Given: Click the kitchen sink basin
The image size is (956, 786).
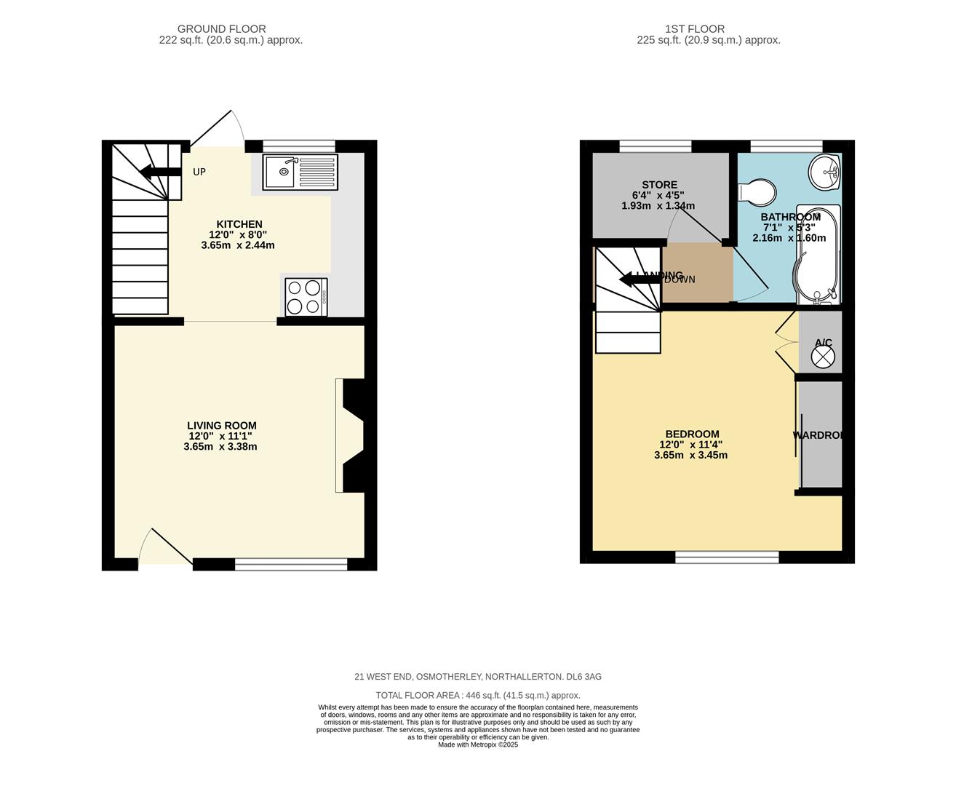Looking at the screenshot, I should tap(280, 172).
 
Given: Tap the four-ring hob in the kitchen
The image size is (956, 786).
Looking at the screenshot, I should tap(306, 297).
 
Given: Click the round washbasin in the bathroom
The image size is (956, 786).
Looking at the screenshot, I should tap(825, 172).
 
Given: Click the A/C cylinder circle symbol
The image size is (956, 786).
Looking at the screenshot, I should tap(823, 357).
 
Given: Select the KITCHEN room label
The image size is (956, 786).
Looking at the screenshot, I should tap(239, 224).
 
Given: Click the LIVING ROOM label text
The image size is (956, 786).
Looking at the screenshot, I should tap(221, 426).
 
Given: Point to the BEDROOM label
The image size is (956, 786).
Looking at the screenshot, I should tap(692, 434).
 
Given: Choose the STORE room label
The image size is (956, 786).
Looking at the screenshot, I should tap(659, 185).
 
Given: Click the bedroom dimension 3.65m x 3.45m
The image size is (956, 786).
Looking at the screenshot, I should tap(690, 456).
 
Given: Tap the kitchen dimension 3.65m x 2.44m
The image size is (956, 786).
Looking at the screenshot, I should tap(238, 245).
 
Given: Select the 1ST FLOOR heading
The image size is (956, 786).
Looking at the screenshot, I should tap(694, 29).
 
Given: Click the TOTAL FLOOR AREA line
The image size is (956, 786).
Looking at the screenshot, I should tap(477, 696).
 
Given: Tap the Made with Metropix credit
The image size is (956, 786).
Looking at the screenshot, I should tap(477, 745).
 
